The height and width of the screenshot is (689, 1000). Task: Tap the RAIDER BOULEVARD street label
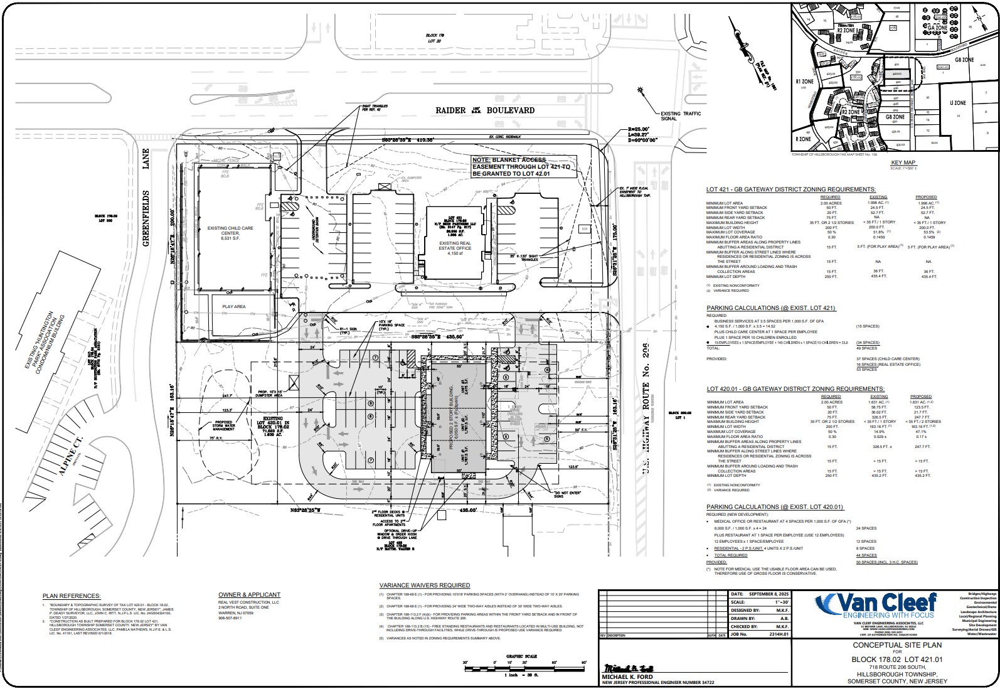486,110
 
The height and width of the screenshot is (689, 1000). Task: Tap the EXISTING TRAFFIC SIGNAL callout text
681,117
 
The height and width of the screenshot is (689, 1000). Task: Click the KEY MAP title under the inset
903,162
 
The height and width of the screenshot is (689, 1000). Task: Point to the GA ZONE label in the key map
936,28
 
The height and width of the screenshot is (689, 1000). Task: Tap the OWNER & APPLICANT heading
249,594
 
